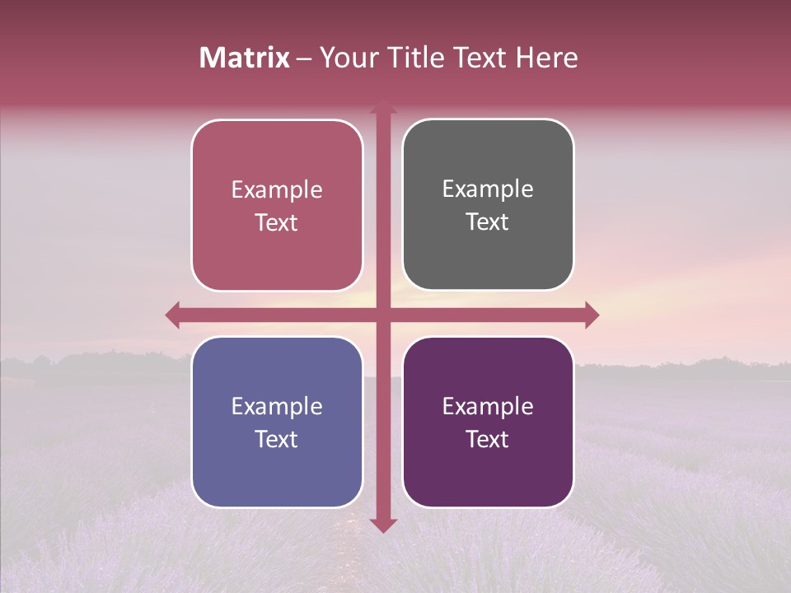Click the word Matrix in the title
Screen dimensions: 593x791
click(x=245, y=58)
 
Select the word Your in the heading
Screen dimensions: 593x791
click(x=347, y=58)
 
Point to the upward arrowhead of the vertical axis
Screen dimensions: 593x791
click(x=383, y=106)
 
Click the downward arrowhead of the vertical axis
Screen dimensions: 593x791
click(x=383, y=525)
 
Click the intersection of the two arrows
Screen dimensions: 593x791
click(x=383, y=315)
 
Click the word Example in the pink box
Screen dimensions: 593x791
click(x=277, y=190)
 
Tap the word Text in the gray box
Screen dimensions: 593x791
click(x=488, y=222)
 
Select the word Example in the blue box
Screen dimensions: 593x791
click(x=277, y=407)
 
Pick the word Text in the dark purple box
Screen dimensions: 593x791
click(x=488, y=440)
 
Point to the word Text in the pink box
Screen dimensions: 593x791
click(x=277, y=223)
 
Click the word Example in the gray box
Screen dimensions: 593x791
click(x=488, y=189)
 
